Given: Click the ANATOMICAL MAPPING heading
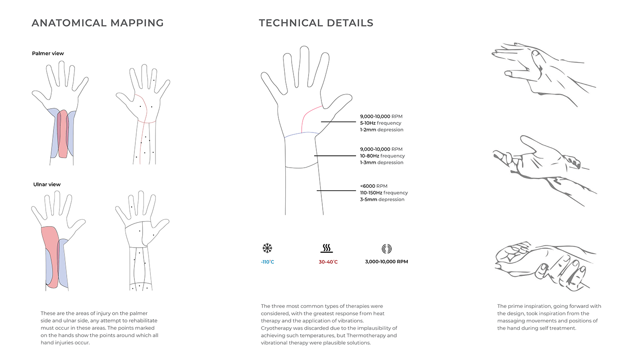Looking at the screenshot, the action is pyautogui.click(x=97, y=23).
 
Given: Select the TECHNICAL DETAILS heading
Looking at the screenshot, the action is pyautogui.click(x=316, y=23).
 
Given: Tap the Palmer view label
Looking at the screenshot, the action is pyautogui.click(x=48, y=53).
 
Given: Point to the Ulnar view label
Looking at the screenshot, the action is pyautogui.click(x=47, y=185).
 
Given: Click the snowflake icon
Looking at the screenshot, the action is pyautogui.click(x=267, y=248).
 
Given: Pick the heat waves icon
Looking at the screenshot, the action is pyautogui.click(x=326, y=248).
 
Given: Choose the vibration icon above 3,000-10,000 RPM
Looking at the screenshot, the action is pyautogui.click(x=387, y=249).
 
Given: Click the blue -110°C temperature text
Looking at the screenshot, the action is pyautogui.click(x=267, y=262).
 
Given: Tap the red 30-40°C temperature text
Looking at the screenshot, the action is pyautogui.click(x=328, y=262).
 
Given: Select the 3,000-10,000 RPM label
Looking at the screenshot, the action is pyautogui.click(x=386, y=261).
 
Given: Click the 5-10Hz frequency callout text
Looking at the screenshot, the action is pyautogui.click(x=380, y=123).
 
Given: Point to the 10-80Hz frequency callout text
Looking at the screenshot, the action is pyautogui.click(x=382, y=156).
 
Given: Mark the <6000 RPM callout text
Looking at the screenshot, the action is pyautogui.click(x=374, y=186).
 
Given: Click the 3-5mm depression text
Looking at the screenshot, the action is pyautogui.click(x=382, y=200).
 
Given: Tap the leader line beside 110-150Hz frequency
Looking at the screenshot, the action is pyautogui.click(x=336, y=191).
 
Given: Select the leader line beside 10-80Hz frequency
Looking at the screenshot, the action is pyautogui.click(x=335, y=156).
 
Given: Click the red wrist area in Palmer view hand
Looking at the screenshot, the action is pyautogui.click(x=63, y=134).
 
